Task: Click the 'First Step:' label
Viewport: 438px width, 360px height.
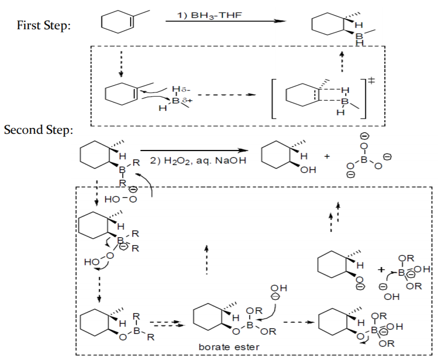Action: (44, 25)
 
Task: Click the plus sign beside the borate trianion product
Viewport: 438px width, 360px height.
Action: (327, 157)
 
